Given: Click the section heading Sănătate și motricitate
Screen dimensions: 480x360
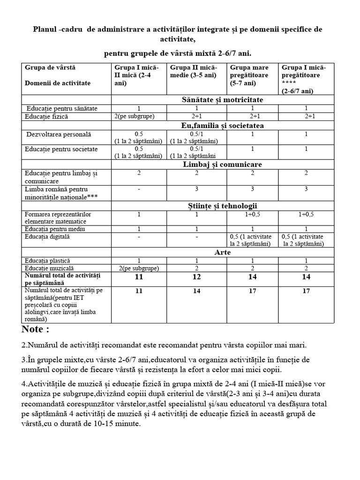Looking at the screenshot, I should point(222,99).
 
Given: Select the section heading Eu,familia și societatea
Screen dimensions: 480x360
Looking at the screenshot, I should point(222,125).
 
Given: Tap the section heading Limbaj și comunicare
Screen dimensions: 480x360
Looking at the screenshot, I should point(222,164).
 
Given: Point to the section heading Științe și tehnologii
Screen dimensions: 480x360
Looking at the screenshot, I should point(222,206).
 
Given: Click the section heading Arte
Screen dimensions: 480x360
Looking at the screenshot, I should point(222,252).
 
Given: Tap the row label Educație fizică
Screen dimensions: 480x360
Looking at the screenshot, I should point(47,116).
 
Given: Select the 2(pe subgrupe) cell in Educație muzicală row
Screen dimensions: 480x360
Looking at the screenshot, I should point(139,268).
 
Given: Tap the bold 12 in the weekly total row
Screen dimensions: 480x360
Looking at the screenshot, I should point(196,277).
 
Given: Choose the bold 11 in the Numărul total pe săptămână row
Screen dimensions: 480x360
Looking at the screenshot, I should point(139,277).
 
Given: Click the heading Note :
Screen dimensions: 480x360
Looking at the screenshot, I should point(36,329).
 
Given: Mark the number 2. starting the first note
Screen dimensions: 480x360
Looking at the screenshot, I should point(25,345).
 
